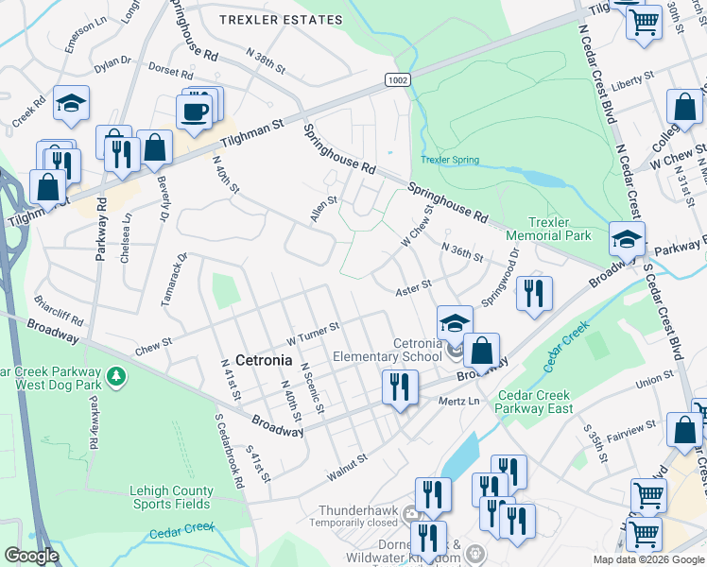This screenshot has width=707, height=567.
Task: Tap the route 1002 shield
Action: tap(397, 80)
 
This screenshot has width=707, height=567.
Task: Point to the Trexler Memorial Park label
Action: tap(547, 228)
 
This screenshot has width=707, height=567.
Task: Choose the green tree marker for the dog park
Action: tap(116, 377)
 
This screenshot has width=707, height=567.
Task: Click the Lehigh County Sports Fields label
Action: tap(171, 497)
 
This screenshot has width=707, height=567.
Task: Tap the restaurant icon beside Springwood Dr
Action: tap(534, 293)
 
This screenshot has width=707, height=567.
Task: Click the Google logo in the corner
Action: tap(31, 556)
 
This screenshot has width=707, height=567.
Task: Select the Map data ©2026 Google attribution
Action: tap(647, 559)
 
